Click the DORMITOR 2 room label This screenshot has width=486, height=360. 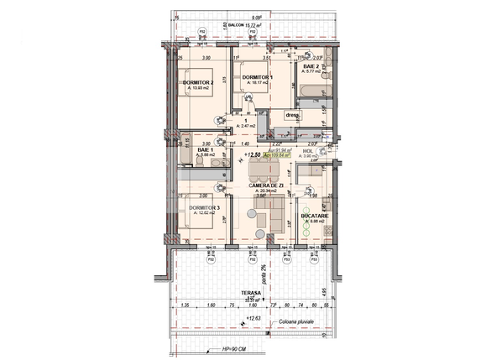(x=199, y=83)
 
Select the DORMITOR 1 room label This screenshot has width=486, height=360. (x=258, y=78)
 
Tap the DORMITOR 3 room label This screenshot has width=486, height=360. (x=204, y=207)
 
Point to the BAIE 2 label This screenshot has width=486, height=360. (x=311, y=66)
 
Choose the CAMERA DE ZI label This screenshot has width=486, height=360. (x=268, y=185)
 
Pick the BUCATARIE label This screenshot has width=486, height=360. (x=315, y=216)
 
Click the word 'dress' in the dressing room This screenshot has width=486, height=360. (x=292, y=115)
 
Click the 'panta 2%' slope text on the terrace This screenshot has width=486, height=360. (x=262, y=272)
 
